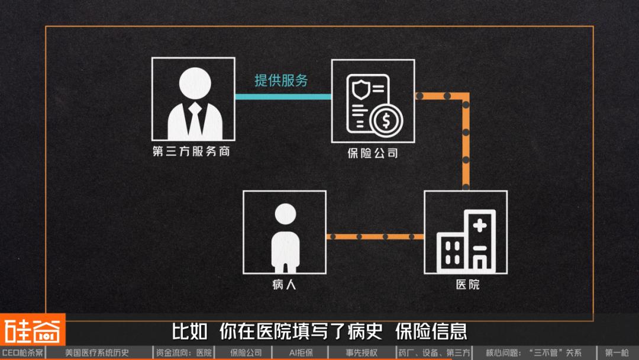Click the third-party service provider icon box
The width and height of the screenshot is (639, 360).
(x=193, y=99)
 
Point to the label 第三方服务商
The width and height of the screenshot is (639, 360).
(x=191, y=152)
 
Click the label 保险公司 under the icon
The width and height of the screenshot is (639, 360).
(x=373, y=153)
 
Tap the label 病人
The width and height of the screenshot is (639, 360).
(x=284, y=285)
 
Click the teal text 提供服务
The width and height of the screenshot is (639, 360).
(x=281, y=81)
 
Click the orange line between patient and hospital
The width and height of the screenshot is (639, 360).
(x=375, y=237)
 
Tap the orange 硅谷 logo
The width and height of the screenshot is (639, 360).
(x=33, y=330)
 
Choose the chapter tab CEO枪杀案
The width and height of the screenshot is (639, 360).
(x=22, y=353)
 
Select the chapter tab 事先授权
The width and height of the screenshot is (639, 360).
(x=362, y=353)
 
